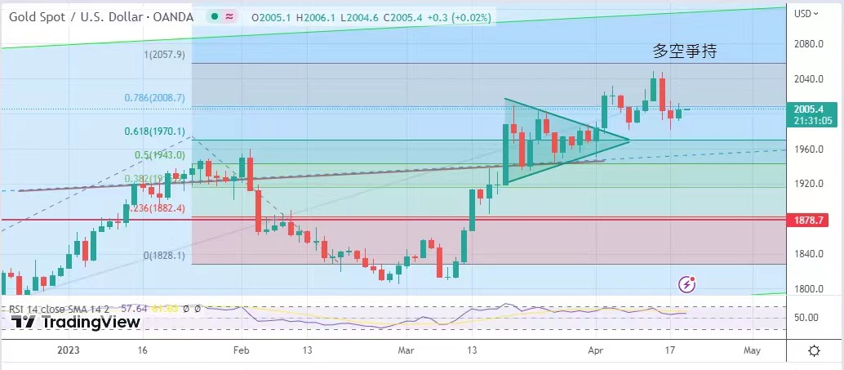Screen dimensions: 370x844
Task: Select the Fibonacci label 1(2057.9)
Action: pos(165,55)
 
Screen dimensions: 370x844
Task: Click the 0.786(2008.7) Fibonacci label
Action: pos(155,98)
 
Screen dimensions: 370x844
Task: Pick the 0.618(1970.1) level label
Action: pos(155,132)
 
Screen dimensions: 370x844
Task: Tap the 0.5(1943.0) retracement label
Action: pos(160,155)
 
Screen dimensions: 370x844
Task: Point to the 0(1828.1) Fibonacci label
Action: pos(165,256)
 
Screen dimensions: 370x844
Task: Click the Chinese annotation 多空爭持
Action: pos(685,51)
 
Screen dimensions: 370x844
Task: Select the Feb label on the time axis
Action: pos(240,350)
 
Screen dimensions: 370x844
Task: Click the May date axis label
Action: pos(752,350)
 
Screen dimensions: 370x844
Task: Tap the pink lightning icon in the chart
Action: pos(688,284)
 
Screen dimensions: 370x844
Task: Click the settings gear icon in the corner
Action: pos(814,350)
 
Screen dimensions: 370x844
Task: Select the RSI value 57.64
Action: pos(133,309)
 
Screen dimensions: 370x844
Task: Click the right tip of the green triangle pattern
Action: pos(629,140)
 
